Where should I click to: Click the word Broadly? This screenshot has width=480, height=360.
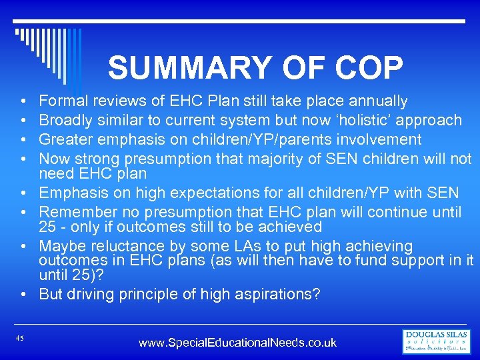[65, 121]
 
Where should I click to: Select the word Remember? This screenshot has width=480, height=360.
[72, 213]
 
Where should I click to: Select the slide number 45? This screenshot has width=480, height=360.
[20, 339]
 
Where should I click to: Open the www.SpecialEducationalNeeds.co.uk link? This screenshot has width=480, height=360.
[237, 343]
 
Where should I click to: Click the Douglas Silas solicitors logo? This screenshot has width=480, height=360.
[436, 341]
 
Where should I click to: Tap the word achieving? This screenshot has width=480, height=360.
[379, 247]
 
